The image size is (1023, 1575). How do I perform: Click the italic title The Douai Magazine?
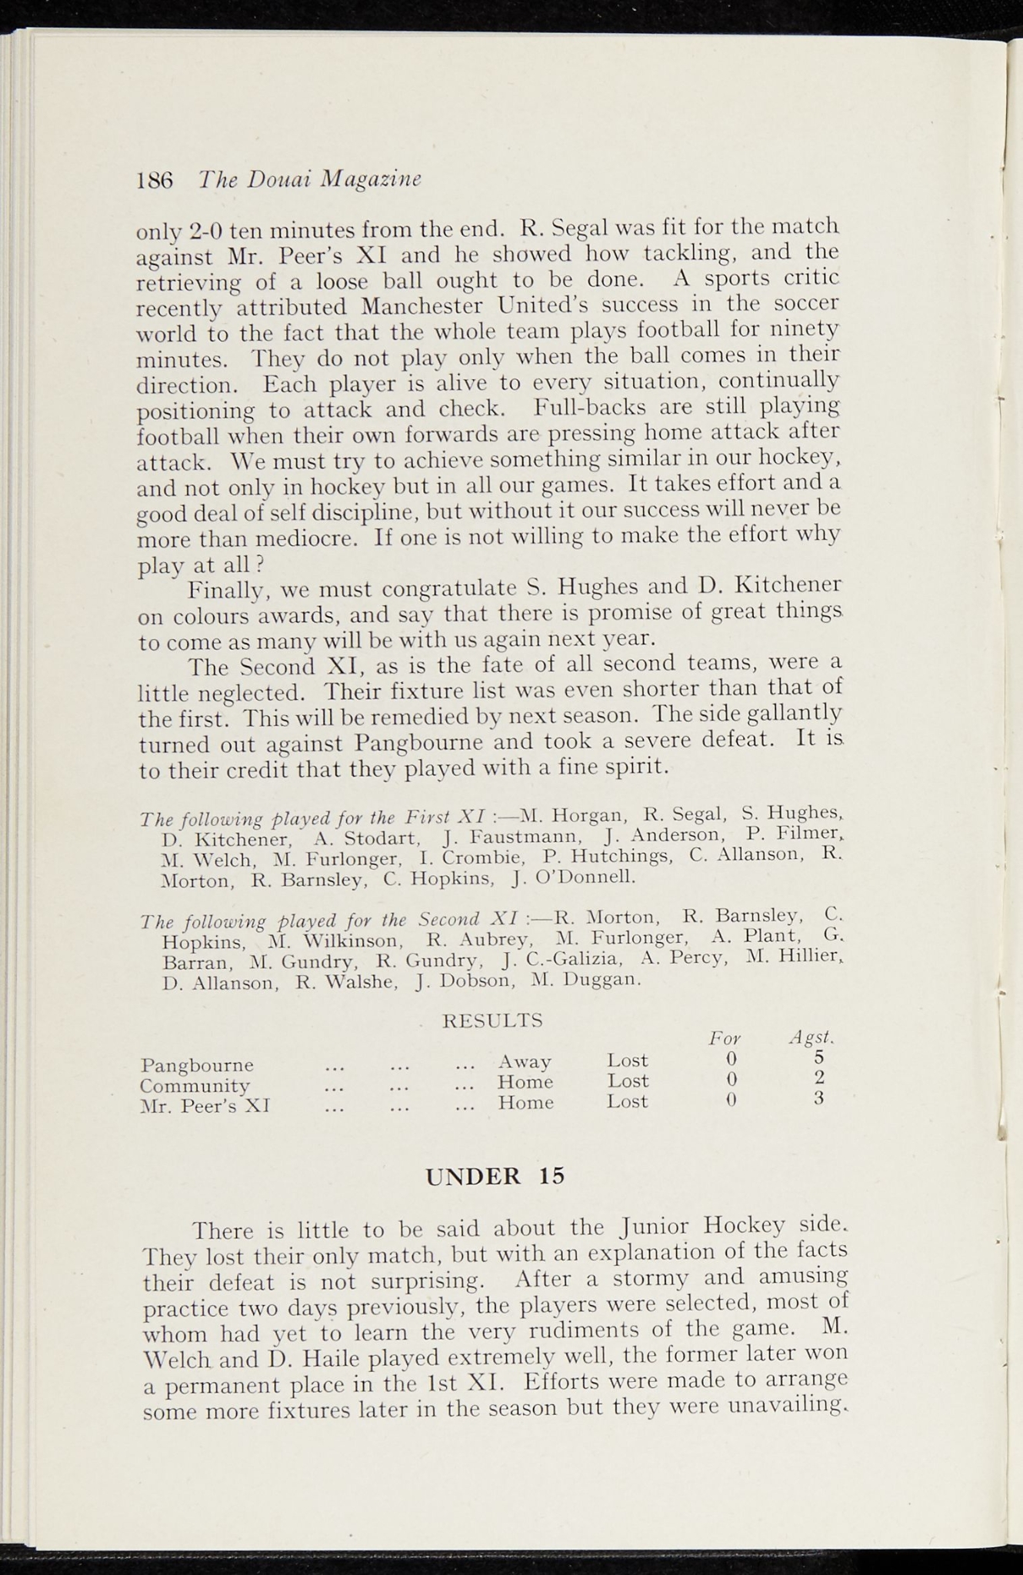(x=310, y=178)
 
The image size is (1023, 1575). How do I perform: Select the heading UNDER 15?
(x=495, y=1176)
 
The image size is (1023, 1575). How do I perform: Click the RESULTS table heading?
(x=493, y=1021)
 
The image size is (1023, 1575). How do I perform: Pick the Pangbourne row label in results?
(x=197, y=1066)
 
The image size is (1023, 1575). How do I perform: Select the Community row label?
(x=195, y=1086)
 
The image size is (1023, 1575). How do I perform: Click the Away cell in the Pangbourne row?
(x=525, y=1062)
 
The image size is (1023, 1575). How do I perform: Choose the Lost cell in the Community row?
(x=627, y=1082)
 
